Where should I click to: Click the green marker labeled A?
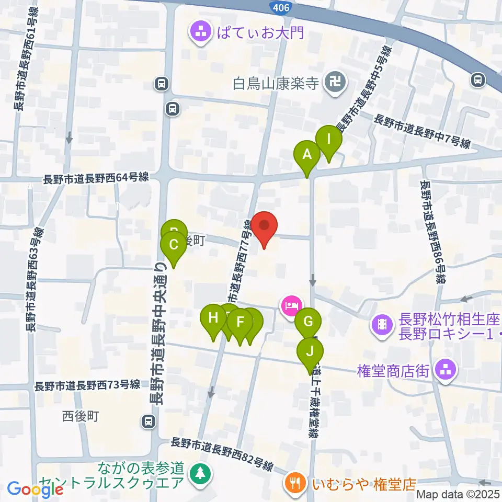[x=307, y=155]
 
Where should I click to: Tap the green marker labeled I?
[x=329, y=140]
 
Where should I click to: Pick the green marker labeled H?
[x=213, y=318]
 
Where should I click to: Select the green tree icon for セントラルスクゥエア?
[x=199, y=474]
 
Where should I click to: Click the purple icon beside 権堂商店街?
[x=446, y=370]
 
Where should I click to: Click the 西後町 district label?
[x=81, y=416]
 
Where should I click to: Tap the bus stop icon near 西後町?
[x=149, y=421]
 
